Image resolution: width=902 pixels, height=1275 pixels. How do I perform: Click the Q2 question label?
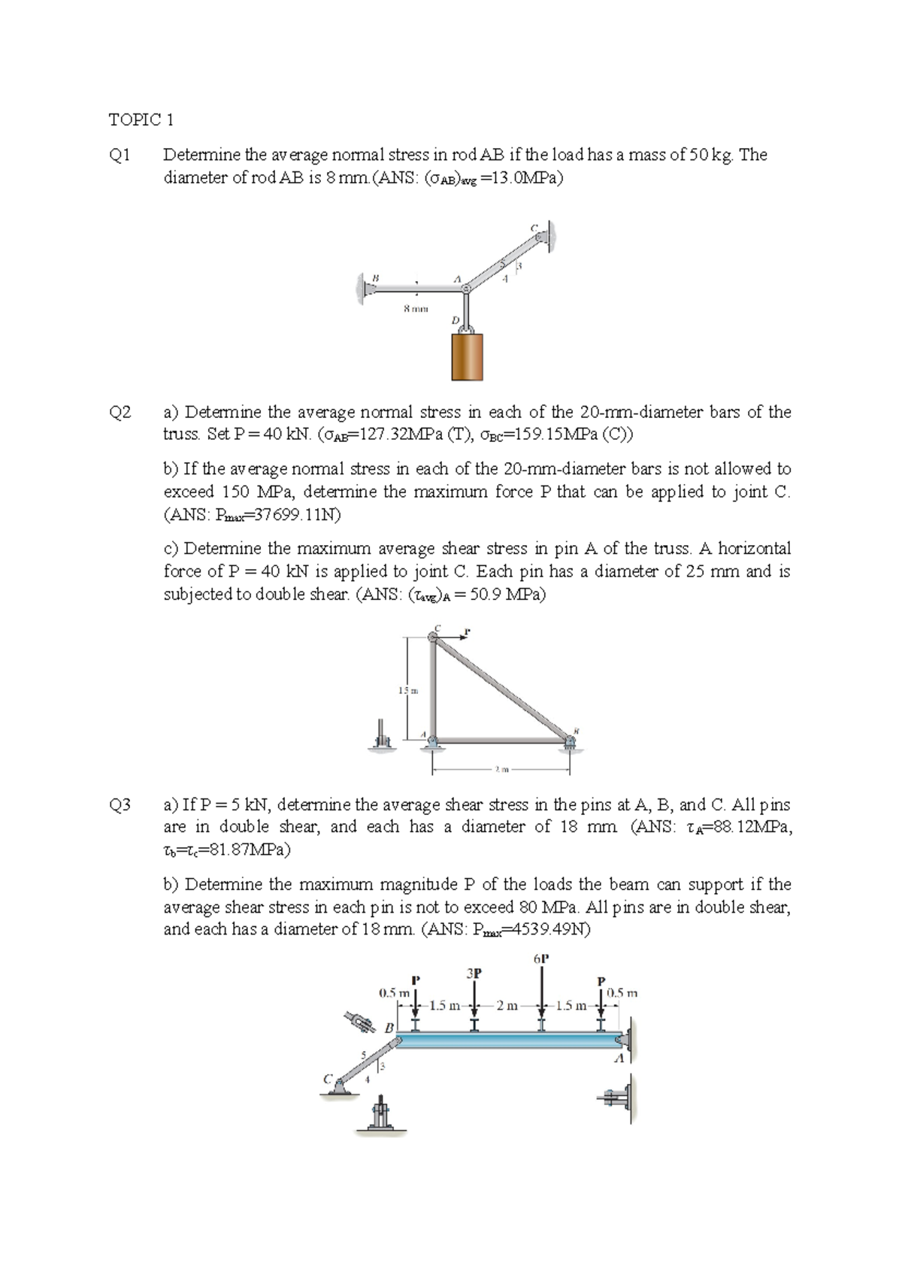click(120, 413)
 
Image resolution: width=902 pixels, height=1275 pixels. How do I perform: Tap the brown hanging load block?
click(467, 357)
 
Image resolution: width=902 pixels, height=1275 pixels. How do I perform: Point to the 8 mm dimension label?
click(415, 308)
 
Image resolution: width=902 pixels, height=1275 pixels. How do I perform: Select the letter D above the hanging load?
click(455, 321)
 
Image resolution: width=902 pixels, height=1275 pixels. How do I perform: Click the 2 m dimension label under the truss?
click(502, 770)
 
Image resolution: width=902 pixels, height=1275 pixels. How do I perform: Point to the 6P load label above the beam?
click(541, 959)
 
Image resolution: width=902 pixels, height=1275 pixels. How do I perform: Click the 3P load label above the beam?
click(474, 973)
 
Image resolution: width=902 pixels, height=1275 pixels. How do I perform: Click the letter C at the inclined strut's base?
click(328, 1078)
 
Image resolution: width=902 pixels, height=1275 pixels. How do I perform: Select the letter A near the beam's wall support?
click(619, 1059)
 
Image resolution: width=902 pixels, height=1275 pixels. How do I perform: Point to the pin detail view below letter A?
click(618, 1099)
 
